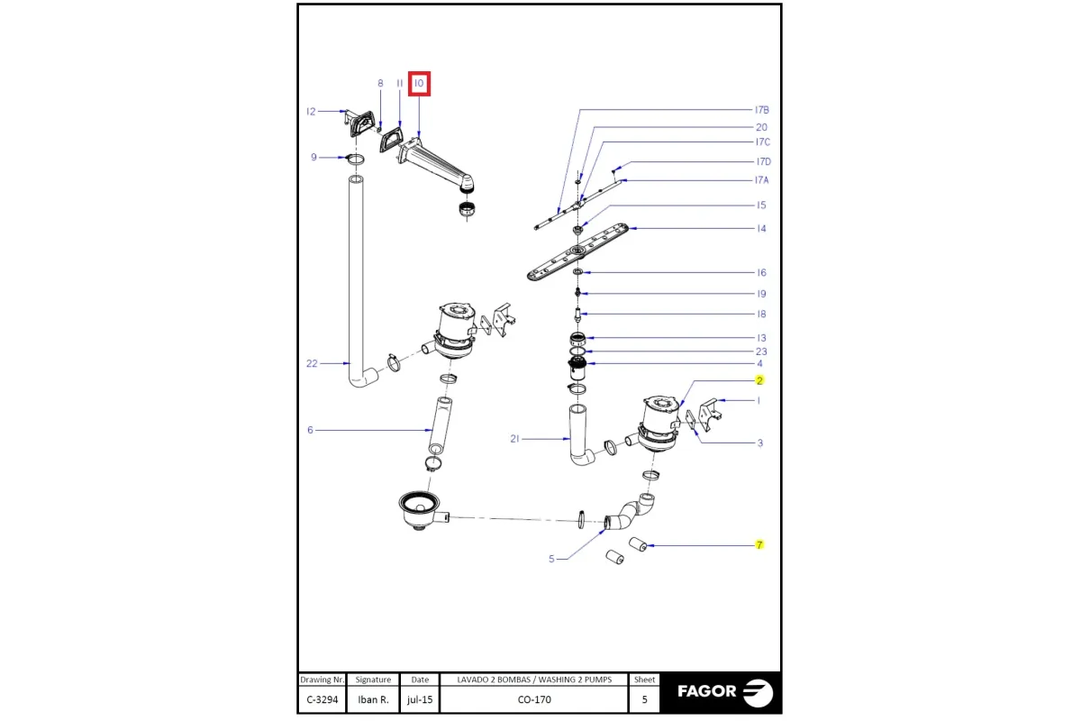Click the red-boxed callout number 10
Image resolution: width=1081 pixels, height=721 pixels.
419,84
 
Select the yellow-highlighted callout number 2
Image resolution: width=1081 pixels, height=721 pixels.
759,380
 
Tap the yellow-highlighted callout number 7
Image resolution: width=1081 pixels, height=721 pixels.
759,544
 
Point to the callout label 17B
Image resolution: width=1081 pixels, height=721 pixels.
762,110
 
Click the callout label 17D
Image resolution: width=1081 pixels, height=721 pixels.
764,161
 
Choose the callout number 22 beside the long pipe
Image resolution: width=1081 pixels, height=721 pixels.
312,363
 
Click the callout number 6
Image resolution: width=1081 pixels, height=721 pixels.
310,430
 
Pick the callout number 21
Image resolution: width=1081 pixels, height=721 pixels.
515,439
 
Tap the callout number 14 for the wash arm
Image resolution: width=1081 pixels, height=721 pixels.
761,228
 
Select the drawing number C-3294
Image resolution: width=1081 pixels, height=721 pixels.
322,699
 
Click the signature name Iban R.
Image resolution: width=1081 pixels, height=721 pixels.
373,699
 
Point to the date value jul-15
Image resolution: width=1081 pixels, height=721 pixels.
420,699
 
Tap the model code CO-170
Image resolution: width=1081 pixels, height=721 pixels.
534,699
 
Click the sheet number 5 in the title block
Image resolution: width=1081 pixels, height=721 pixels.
644,699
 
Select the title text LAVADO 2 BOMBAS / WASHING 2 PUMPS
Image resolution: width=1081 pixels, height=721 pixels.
534,680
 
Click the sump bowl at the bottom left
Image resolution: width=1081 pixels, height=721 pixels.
420,509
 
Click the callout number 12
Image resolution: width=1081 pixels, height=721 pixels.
311,112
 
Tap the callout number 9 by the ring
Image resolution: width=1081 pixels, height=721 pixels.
313,157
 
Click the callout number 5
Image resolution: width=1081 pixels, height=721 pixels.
551,559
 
